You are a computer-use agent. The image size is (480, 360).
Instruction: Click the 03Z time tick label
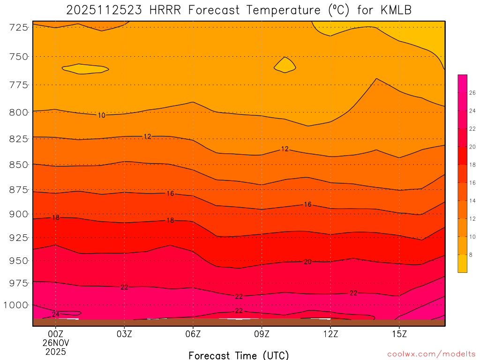[124, 334]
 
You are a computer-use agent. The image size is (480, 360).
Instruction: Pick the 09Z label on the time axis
[262, 334]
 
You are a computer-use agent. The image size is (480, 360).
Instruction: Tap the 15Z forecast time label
[399, 334]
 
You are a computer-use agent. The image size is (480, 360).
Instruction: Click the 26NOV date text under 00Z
[56, 343]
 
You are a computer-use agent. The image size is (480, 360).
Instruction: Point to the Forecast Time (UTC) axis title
[239, 355]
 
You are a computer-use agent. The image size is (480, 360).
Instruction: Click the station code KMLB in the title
[394, 10]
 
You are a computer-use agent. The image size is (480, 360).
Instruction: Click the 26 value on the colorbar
[472, 93]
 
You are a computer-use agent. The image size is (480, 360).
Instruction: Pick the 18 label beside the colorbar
[472, 165]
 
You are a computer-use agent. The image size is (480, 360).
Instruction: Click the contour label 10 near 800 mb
[102, 115]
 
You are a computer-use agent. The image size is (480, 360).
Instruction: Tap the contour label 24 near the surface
[55, 314]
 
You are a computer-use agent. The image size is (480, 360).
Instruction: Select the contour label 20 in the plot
[307, 262]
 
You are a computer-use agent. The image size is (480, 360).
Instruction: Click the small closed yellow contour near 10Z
[285, 65]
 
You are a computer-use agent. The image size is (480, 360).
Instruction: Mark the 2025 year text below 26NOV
[56, 351]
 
